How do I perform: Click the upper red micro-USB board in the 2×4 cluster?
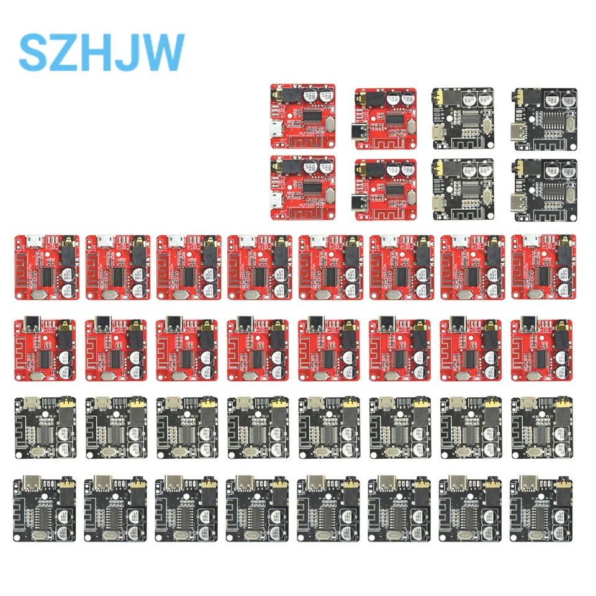pyautogui.click(x=303, y=117)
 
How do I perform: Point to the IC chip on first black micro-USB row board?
pyautogui.click(x=47, y=433)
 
